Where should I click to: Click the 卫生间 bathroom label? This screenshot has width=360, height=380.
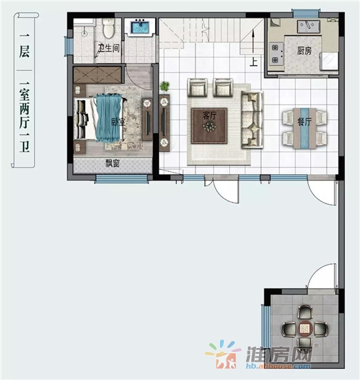tap(109, 48)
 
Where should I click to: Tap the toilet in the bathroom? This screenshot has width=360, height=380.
tap(108, 28)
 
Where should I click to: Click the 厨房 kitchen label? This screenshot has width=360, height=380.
tap(304, 50)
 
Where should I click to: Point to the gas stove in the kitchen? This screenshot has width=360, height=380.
tap(276, 54)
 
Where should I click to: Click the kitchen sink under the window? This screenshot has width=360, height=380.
tap(308, 26)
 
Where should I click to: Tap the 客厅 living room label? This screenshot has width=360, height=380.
tap(209, 116)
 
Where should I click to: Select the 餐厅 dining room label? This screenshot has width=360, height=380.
tap(304, 122)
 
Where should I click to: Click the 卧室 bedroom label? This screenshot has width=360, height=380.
tap(118, 122)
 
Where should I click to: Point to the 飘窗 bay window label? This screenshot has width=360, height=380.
tap(113, 164)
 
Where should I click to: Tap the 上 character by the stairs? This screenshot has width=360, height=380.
tap(253, 61)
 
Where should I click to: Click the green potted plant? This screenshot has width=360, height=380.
tap(164, 86)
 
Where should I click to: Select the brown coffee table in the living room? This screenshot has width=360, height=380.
tap(209, 126)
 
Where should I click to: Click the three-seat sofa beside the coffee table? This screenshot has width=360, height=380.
tap(252, 120)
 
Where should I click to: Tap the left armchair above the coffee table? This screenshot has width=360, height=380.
tap(198, 88)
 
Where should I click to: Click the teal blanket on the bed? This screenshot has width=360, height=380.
tap(109, 118)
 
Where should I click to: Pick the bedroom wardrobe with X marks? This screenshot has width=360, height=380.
tap(98, 75)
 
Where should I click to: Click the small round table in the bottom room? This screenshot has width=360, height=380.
tap(305, 329)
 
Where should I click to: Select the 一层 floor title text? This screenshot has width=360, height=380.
tap(24, 46)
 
